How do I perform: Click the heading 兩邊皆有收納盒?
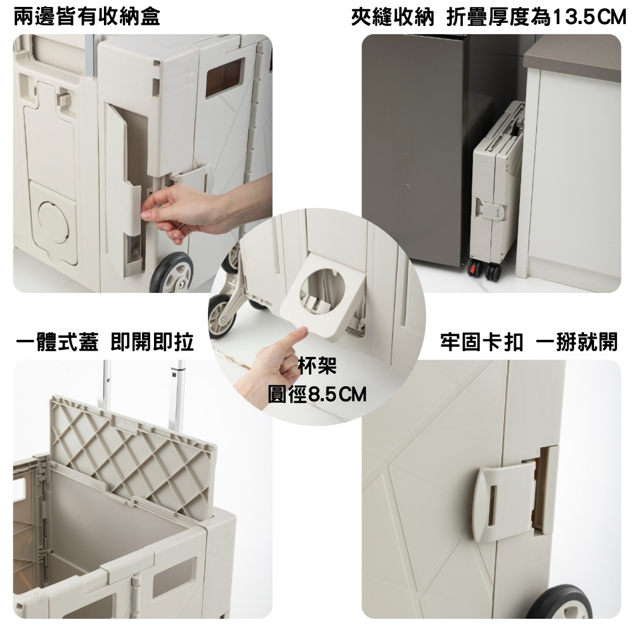point(87,17)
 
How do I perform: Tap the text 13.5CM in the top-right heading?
point(589,17)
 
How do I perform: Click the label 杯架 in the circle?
point(317,366)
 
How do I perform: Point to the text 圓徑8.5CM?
point(317,394)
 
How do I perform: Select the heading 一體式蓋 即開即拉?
point(105,342)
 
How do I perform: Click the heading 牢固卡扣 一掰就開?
point(529,342)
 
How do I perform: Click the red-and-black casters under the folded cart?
point(485,270)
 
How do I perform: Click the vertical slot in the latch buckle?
point(492,505)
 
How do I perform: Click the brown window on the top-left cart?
point(225,77)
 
